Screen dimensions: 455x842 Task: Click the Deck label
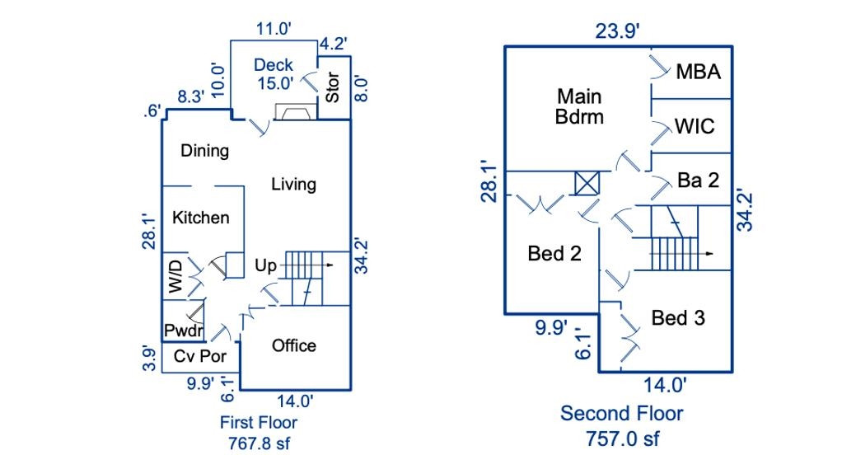(274, 65)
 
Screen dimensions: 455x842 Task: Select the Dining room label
(205, 151)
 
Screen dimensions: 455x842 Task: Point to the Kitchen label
(201, 218)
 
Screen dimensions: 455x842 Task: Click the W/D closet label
(175, 275)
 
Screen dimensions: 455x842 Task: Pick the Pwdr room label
(183, 331)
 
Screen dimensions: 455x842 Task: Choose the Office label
(294, 345)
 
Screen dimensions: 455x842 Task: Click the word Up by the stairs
(265, 266)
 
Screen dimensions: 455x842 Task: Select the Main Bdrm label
(578, 106)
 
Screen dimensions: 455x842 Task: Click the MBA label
(699, 72)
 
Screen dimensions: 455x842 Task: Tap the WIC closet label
(695, 127)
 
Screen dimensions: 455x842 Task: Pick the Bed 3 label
(678, 317)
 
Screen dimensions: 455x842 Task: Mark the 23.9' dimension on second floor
(619, 30)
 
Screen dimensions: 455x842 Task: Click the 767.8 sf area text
(259, 443)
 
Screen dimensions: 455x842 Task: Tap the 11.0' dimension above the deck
(274, 29)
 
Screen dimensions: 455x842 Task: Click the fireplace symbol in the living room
(293, 112)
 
